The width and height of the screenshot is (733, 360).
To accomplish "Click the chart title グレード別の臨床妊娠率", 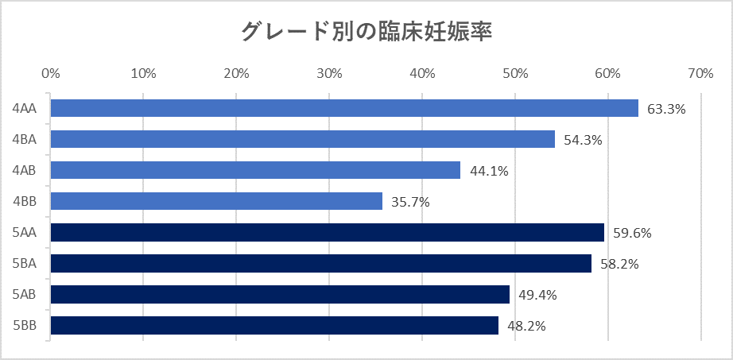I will (x=366, y=32).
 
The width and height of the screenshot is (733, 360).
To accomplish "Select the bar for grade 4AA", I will (x=343, y=108).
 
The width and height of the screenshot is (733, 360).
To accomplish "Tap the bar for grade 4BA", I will (x=302, y=139).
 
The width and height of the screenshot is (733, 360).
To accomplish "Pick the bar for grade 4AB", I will (x=254, y=170).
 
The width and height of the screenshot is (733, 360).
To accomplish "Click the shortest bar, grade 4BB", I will (x=215, y=201).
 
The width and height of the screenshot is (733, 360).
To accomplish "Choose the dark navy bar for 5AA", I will (x=327, y=232).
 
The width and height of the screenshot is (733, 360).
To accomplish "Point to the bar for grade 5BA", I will (x=320, y=263).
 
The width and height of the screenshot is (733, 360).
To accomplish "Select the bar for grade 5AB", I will (x=279, y=294).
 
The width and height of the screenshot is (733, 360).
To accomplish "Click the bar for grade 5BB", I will (x=273, y=325).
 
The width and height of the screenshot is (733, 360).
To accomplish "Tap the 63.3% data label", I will (x=666, y=109).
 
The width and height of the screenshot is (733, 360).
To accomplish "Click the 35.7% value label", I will (x=410, y=202).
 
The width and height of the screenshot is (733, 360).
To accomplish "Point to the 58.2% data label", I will (x=619, y=264).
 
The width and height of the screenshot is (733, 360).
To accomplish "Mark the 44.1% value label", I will (x=488, y=171).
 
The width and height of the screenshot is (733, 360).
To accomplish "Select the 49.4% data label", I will (x=537, y=295).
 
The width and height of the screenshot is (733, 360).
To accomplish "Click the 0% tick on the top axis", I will (x=50, y=74).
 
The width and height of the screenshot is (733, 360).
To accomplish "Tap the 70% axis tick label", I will (x=700, y=74).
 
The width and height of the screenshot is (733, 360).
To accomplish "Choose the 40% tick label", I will (x=422, y=74).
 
